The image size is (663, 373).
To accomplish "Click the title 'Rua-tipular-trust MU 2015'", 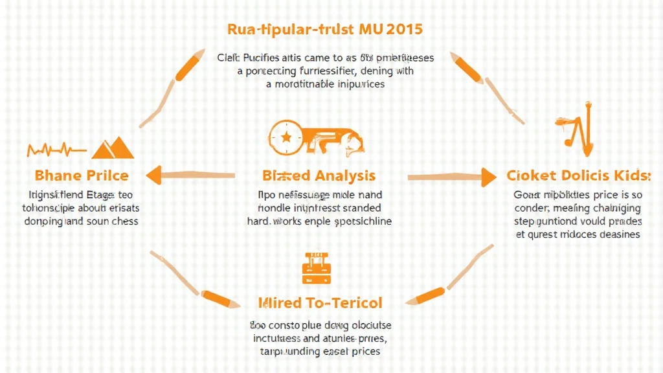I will (x=325, y=30).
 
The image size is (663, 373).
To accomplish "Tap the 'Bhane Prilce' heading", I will (x=80, y=175).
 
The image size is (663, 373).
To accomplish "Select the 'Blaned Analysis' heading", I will (x=319, y=175).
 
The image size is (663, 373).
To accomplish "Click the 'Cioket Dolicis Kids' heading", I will (x=578, y=175).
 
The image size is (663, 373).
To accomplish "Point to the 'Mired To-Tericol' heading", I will (x=320, y=302).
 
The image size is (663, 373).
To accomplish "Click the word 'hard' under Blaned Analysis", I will (x=258, y=221).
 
